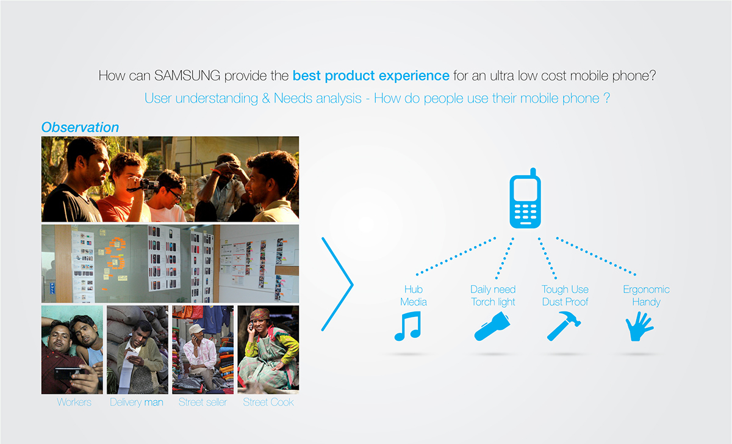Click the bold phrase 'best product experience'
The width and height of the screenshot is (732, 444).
tap(370, 76)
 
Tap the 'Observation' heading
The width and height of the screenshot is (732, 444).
tap(80, 127)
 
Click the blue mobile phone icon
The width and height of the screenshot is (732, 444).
tap(525, 205)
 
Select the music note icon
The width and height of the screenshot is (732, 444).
tap(408, 326)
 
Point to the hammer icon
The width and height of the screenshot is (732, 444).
tap(564, 326)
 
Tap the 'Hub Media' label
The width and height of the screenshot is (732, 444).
tap(413, 296)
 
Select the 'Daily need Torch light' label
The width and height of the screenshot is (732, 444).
tap(493, 296)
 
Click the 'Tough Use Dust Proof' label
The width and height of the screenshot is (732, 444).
tap(565, 296)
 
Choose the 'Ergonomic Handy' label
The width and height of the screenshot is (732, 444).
tap(646, 296)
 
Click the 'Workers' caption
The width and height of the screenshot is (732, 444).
tap(74, 402)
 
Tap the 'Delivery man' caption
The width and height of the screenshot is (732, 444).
tap(137, 402)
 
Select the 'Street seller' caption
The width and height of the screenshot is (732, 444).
tap(203, 402)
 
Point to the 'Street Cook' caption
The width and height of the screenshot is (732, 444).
tap(268, 402)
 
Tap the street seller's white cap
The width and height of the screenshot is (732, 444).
tap(196, 329)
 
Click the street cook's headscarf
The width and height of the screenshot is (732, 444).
tap(260, 314)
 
